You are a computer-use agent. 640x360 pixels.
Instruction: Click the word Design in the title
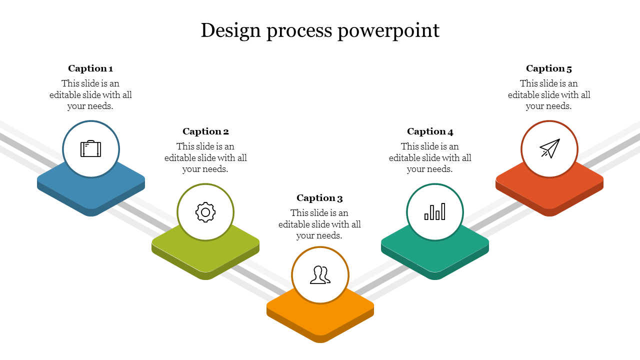coord(231,30)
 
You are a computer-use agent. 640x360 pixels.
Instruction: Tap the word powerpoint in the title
coord(388,31)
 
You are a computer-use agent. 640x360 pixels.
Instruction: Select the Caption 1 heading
coord(90,68)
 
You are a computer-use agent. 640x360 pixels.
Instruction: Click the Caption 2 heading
coord(205,131)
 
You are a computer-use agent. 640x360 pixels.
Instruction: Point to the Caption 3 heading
coord(319,198)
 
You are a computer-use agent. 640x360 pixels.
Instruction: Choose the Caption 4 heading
coord(430,131)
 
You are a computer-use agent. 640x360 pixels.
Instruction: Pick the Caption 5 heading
coord(549,68)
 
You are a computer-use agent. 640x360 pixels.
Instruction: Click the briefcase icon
coord(91,149)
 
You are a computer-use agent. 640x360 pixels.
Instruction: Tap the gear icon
coord(205,212)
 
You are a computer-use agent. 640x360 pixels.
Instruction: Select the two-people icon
coord(320,275)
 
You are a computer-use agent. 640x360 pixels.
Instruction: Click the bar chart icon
coord(435,212)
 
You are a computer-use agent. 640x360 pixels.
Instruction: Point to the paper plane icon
coord(549,148)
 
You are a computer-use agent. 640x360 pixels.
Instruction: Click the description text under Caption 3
coord(319,224)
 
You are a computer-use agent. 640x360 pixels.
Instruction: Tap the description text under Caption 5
coord(549,94)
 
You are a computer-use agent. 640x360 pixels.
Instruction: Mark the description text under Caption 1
coord(90,94)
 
